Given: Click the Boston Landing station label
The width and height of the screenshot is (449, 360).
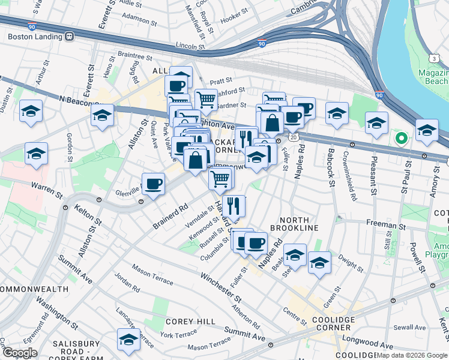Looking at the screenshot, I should [x=34, y=36].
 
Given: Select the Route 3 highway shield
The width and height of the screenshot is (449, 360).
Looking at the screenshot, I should [x=433, y=58].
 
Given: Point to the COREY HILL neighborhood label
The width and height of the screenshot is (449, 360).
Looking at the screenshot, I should [x=190, y=322].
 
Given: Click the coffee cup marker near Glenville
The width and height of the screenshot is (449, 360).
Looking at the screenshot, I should [x=153, y=184].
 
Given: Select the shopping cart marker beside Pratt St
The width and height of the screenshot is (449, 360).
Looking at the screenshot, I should [x=206, y=99].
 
